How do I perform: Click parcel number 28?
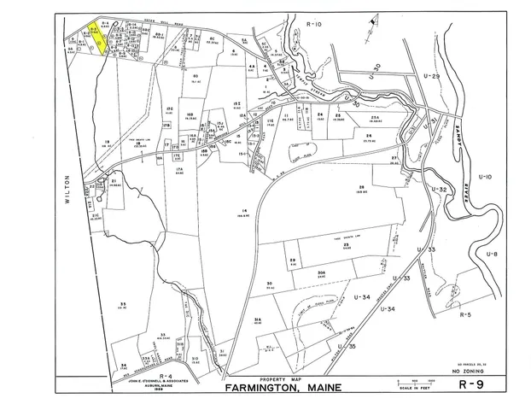[361, 187]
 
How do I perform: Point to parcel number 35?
[124, 305]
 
